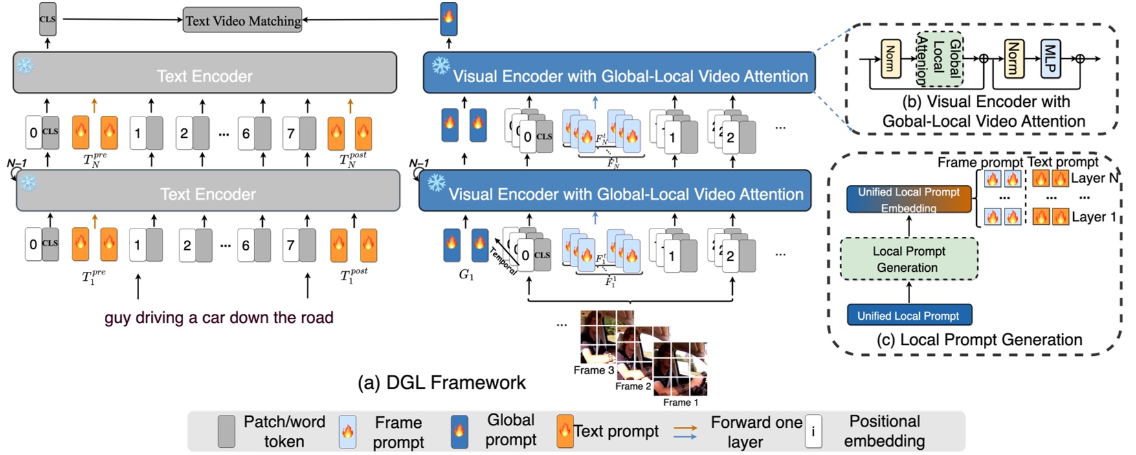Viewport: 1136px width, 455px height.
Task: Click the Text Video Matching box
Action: point(243,21)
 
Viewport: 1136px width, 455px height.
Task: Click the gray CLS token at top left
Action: point(47,19)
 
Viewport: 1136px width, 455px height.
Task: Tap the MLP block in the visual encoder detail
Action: point(1050,58)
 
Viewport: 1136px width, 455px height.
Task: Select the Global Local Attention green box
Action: point(940,59)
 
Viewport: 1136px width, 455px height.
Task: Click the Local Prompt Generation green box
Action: point(909,259)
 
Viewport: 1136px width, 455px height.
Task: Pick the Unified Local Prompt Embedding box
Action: point(909,199)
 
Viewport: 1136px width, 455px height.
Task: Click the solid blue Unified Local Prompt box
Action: point(909,315)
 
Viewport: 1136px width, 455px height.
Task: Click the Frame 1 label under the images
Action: point(680,403)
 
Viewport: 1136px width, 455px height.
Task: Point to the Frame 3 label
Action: point(593,370)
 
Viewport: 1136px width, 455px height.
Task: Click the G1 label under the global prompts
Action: point(466,275)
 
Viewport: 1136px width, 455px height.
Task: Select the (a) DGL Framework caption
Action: point(441,383)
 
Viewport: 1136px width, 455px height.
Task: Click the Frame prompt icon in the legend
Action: point(348,432)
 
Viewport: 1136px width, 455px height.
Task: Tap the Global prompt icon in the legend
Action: point(459,432)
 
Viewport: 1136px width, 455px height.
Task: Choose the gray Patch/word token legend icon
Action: point(227,432)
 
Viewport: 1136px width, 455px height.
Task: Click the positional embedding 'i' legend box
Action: point(813,431)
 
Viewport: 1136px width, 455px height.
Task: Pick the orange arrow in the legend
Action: point(685,428)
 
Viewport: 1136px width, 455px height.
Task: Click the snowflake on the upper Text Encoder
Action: point(25,65)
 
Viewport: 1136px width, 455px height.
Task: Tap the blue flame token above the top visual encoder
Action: point(449,19)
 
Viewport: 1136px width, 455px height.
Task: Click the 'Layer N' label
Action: point(1094,178)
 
